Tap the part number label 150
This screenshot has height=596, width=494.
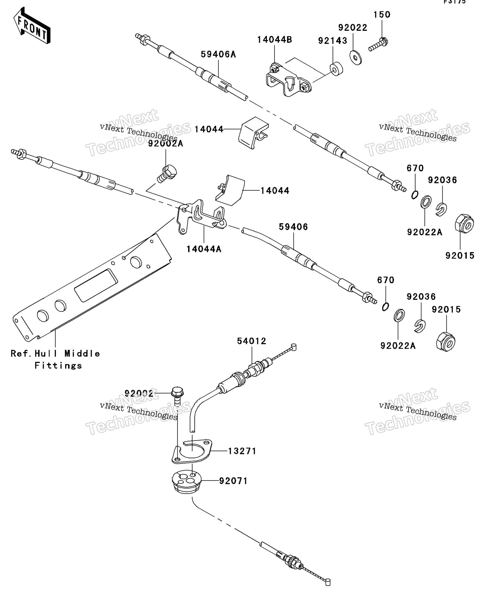(381, 15)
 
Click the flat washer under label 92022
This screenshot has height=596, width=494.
(355, 58)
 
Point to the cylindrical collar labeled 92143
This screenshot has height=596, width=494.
(336, 69)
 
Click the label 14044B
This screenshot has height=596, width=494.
(274, 40)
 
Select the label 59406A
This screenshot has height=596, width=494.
(218, 54)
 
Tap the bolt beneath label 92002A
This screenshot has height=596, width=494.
(167, 174)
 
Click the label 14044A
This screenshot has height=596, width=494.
(203, 249)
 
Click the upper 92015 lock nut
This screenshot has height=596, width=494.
(464, 224)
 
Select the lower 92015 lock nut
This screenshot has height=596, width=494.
(445, 342)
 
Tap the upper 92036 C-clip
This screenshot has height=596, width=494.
(441, 209)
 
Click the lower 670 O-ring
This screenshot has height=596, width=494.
(385, 307)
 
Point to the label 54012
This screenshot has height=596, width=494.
(251, 341)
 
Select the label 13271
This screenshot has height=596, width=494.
(242, 451)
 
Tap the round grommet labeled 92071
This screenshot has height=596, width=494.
(186, 481)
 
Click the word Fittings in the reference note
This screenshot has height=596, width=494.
(58, 365)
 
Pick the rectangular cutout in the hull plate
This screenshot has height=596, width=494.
(96, 285)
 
